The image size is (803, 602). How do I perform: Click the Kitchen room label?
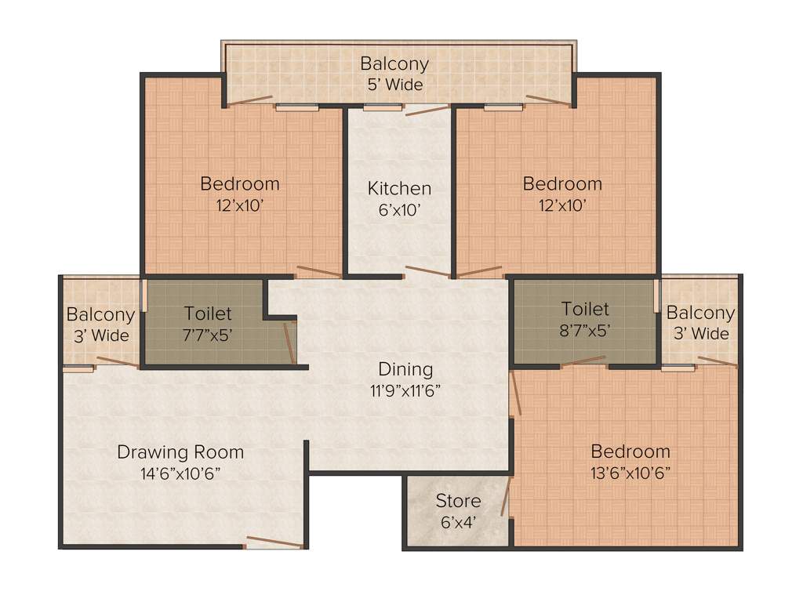(x=399, y=188)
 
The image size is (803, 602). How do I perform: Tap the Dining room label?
(x=405, y=368)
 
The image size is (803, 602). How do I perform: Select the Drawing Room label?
(x=180, y=452)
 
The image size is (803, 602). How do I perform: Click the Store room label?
(x=458, y=500)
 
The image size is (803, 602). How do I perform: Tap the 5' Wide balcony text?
(x=394, y=84)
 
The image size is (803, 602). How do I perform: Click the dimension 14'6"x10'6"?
(x=180, y=473)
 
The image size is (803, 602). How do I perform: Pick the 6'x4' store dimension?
(x=458, y=520)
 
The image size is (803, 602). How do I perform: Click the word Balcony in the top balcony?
(x=394, y=63)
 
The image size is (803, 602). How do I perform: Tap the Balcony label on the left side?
(x=100, y=315)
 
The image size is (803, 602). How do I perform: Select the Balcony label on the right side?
(x=700, y=313)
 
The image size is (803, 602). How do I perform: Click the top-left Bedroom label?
(x=240, y=184)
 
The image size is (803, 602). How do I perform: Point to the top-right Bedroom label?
(x=562, y=184)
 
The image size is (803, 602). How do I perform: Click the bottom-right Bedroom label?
(x=630, y=451)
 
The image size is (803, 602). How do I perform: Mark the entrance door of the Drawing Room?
(x=273, y=542)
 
